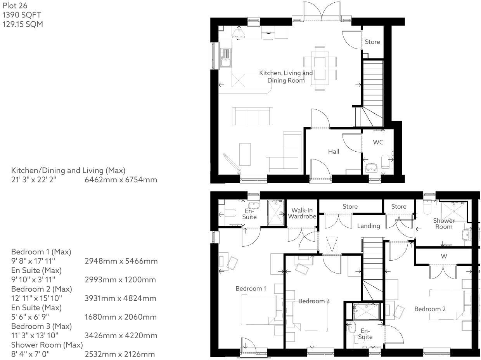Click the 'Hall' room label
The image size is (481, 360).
click(x=333, y=151)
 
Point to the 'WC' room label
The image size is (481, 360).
click(x=378, y=142)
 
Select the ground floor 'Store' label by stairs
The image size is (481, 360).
click(x=372, y=42)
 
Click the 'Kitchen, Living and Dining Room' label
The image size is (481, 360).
click(x=286, y=77)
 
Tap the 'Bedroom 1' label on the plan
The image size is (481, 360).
click(x=251, y=289)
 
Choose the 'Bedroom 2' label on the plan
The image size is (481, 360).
click(x=430, y=309)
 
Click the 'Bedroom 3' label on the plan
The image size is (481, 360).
click(x=314, y=301)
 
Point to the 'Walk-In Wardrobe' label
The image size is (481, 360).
click(x=302, y=213)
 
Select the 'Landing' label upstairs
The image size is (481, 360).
click(x=368, y=226)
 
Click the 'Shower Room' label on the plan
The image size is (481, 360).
click(x=444, y=223)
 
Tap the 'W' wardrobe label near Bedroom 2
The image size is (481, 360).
click(x=443, y=256)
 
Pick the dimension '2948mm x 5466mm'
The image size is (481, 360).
click(x=121, y=261)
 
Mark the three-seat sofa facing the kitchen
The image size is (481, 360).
click(x=252, y=116)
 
